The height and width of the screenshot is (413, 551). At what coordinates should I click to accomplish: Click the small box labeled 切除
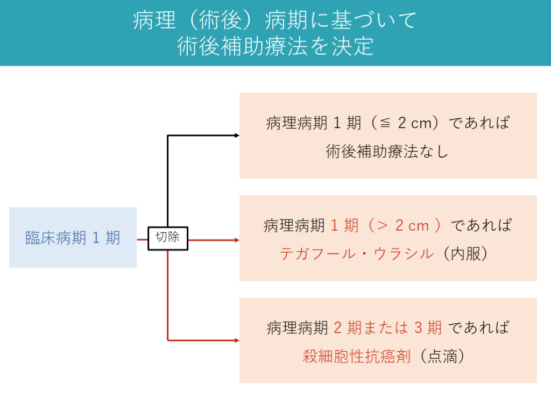[167, 238]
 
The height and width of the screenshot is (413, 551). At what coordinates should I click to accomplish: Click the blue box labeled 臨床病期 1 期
[73, 238]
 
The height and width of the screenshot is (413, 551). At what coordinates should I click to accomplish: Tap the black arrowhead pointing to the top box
[237, 136]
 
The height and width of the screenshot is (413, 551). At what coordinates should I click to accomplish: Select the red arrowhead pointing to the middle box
[237, 240]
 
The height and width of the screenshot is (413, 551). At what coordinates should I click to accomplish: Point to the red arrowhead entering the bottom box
[237, 340]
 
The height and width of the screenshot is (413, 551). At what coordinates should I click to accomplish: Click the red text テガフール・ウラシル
[357, 254]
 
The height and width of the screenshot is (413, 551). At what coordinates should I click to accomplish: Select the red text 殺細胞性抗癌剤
[357, 356]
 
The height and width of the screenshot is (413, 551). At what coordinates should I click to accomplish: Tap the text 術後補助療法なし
[387, 152]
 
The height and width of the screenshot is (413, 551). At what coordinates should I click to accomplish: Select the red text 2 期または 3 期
[388, 327]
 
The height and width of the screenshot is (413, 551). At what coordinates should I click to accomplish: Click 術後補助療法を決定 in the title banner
[275, 47]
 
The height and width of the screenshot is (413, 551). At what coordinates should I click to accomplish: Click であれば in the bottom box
[479, 327]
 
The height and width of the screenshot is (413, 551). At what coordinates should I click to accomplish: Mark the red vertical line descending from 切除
[168, 296]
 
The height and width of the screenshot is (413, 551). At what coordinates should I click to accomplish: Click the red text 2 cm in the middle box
[412, 226]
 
